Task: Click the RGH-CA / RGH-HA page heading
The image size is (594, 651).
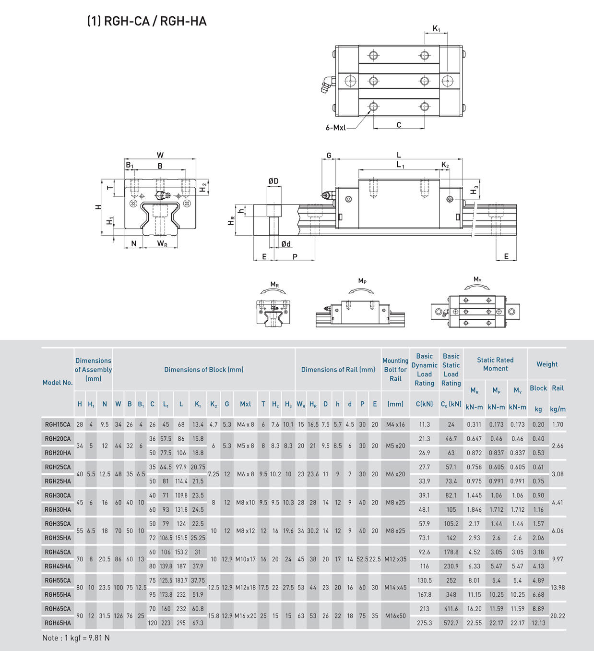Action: click(147, 21)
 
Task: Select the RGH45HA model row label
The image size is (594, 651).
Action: click(58, 567)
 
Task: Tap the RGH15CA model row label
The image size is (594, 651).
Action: click(58, 424)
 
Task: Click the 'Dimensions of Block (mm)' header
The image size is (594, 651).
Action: click(204, 370)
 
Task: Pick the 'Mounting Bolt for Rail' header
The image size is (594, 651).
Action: click(395, 370)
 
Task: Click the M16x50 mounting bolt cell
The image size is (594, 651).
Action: click(395, 616)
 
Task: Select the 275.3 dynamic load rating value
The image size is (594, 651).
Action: click(424, 623)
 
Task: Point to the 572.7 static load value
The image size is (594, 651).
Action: click(451, 623)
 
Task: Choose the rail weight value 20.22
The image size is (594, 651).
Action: click(558, 616)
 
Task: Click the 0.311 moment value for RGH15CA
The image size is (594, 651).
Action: click(475, 424)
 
